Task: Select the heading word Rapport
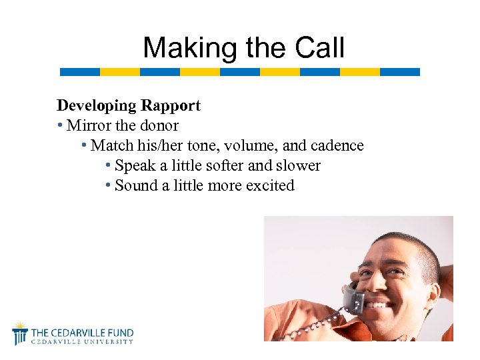coord(170,105)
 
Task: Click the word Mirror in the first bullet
coord(91,125)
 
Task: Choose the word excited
coord(269,185)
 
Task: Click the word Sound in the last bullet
coord(136,185)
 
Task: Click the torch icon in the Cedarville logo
coord(20,333)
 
